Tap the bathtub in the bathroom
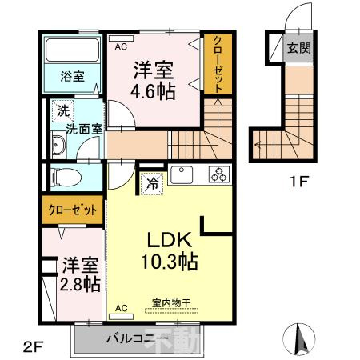point(70,50)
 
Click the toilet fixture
point(64,177)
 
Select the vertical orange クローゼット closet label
point(214,64)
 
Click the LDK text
point(170,239)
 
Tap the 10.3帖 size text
point(170,261)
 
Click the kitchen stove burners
point(218,173)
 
